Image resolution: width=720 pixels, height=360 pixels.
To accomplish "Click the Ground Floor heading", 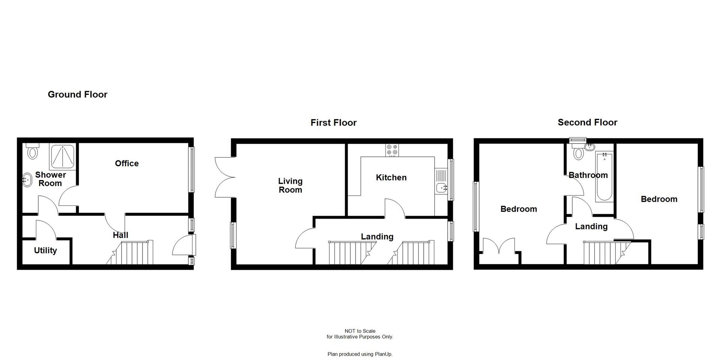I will tap(78, 94).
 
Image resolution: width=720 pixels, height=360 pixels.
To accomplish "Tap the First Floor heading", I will tap(333, 123).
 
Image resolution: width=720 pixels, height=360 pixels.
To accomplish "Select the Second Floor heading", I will tap(587, 122).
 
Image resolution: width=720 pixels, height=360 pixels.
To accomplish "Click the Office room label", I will tap(127, 163).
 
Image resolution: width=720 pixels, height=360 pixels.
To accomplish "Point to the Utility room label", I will tap(45, 250).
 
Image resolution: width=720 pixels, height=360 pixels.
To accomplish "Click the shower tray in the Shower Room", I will tap(62, 156).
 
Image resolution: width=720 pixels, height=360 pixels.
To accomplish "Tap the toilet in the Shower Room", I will tap(33, 151).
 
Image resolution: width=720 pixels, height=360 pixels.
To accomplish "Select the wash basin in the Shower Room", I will tap(27, 180).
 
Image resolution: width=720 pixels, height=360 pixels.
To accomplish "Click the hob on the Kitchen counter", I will tap(392, 150).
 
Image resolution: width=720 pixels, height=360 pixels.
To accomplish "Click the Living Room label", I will tap(290, 186).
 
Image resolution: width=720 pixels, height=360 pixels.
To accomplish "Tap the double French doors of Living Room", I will tap(224, 177).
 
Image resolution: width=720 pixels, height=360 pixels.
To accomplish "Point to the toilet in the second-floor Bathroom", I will tap(579, 153).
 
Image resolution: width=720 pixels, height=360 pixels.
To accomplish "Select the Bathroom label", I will tap(588, 175).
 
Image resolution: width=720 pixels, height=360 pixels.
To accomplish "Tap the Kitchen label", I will tap(391, 178).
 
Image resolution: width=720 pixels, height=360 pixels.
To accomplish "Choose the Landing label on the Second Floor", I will tap(591, 226).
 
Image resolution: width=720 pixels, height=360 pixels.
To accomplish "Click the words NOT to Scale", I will tap(360, 331).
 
